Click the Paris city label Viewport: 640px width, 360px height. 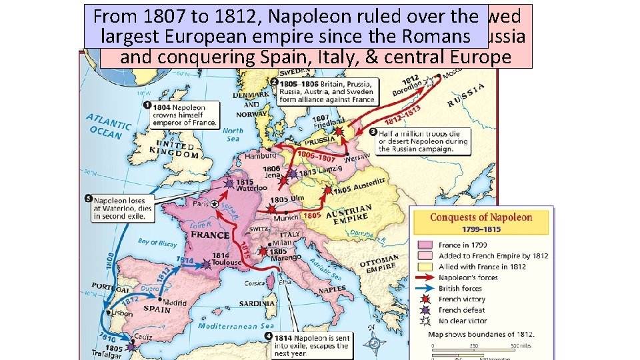click(199, 204)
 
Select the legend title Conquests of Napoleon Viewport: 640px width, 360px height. click(481, 217)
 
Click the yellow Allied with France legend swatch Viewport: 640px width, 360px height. click(425, 267)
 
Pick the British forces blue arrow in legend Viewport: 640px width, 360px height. click(425, 289)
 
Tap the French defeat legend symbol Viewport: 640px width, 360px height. click(425, 310)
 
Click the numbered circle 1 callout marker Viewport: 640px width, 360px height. click(146, 105)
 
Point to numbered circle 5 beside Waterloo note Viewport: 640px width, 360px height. click(89, 198)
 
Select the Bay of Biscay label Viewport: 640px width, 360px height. click(157, 243)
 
